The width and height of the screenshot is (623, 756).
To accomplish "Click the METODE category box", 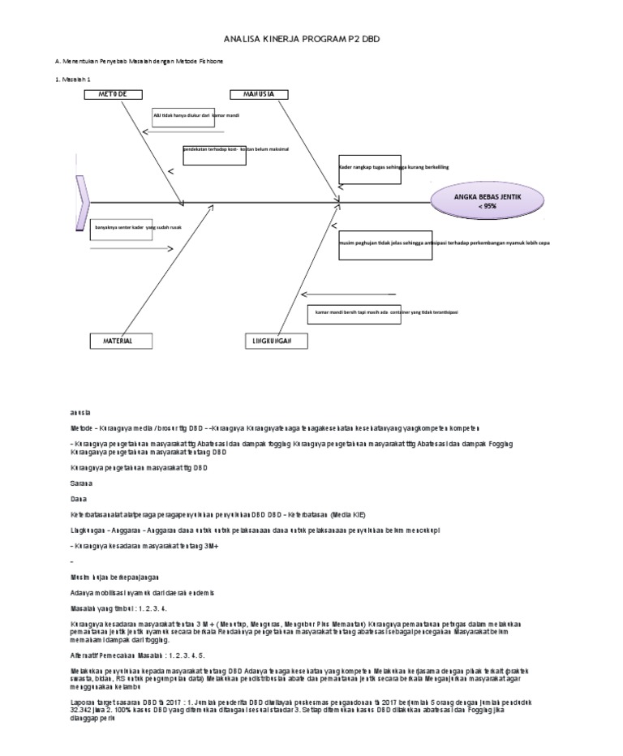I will pos(114,95).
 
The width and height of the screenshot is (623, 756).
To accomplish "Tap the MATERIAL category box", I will pos(118,341).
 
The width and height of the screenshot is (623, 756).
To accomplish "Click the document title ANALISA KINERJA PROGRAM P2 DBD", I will pos(311,38).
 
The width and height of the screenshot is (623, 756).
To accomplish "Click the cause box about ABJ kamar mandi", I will pos(181,120).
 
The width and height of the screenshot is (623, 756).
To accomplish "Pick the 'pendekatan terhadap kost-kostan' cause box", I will pos(215,153).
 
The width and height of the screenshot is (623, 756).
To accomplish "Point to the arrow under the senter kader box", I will pos(131,248).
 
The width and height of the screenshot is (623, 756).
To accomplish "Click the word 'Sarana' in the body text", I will pos(81,483).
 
